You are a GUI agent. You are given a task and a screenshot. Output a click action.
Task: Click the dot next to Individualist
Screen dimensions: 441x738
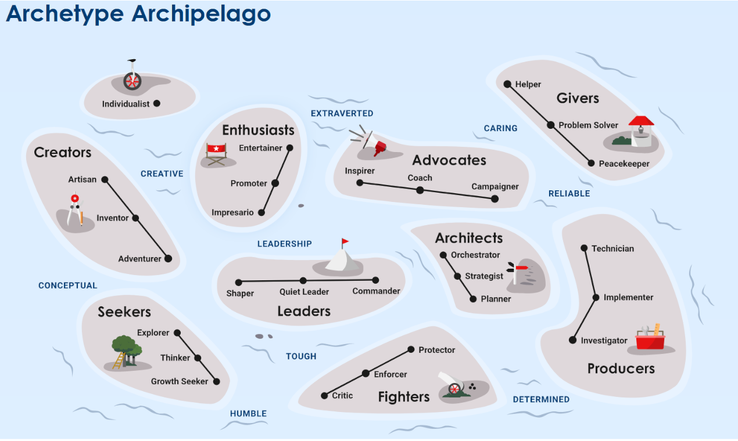[156, 103]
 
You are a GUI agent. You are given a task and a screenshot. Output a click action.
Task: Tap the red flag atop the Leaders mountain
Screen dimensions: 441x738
[345, 241]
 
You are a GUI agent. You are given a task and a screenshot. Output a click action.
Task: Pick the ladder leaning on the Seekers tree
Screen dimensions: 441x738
[119, 360]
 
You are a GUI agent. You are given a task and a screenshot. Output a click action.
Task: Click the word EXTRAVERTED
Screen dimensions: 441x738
[342, 113]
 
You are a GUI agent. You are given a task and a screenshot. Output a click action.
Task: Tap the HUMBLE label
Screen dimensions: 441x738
[248, 414]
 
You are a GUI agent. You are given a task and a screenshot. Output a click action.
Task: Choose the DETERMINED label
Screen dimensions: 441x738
[541, 399]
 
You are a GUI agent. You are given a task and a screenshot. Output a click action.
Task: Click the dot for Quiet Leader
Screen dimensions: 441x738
[303, 281]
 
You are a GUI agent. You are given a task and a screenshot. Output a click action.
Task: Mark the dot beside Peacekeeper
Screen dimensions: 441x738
[592, 164]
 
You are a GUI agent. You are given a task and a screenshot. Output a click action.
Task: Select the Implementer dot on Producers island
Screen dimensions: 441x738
[596, 297]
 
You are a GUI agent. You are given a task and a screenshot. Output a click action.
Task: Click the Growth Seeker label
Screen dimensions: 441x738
[180, 381]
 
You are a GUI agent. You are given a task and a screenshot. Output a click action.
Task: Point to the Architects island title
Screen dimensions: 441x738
[469, 238]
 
